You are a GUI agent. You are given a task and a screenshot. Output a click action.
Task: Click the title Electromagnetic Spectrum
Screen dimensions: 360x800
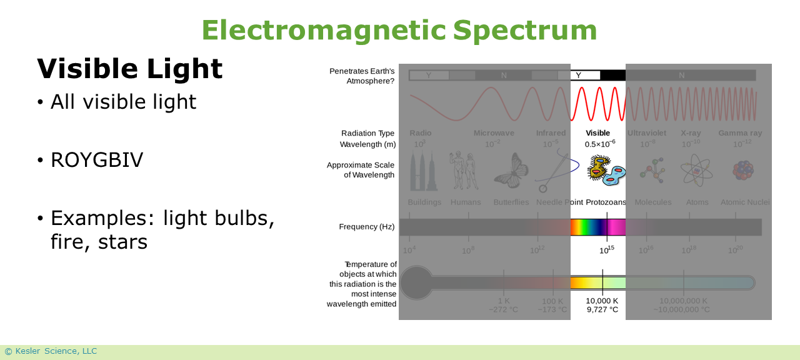point(399,30)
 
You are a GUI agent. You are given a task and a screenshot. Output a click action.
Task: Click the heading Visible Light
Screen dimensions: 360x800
point(129,69)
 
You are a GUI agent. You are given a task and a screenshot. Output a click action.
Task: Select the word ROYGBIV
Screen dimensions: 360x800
point(97,160)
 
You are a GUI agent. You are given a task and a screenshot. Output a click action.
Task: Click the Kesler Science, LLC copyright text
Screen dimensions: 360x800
point(51,351)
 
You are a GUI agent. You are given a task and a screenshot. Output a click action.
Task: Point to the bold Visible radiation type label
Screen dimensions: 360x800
point(597,133)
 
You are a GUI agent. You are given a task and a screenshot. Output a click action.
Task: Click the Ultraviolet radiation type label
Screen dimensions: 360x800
point(647,133)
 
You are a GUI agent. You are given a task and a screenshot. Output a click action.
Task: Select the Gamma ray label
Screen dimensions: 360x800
point(740,133)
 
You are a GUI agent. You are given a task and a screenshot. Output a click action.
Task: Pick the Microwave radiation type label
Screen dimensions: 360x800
point(494,133)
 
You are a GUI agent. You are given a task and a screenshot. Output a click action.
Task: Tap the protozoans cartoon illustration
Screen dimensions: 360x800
point(604,171)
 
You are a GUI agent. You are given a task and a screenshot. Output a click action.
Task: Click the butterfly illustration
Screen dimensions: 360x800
point(511,171)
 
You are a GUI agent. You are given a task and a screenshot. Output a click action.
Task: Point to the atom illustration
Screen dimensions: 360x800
point(697,171)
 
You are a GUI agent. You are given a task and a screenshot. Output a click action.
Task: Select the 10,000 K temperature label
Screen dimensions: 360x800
point(602,301)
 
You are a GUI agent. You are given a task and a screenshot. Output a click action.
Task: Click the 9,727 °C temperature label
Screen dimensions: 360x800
point(602,309)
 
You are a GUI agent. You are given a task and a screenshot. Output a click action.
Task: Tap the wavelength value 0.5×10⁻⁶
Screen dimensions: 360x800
point(600,144)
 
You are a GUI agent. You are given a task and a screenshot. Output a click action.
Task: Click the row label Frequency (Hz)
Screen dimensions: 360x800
point(367,227)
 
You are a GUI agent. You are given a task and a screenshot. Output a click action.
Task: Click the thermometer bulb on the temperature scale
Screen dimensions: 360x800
point(416,282)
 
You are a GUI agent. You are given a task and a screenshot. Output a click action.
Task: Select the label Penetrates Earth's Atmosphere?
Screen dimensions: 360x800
point(362,76)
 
